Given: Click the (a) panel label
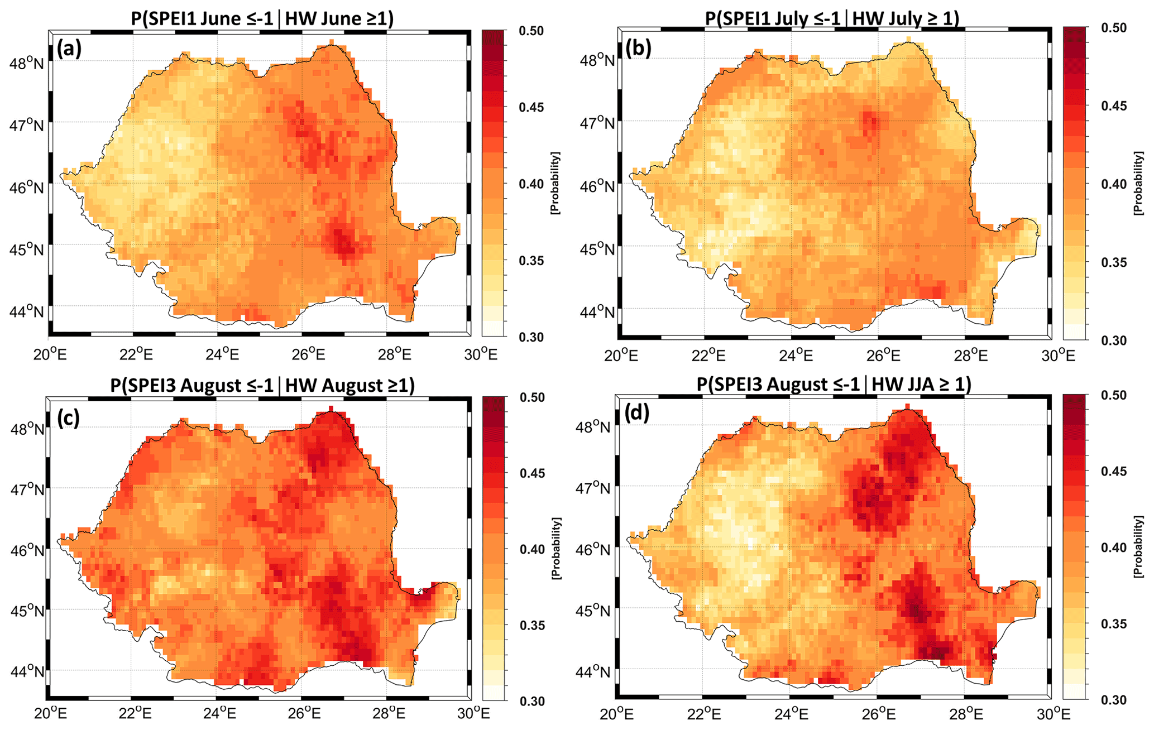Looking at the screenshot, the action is pos(69,49).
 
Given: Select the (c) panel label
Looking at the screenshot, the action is pos(68,417).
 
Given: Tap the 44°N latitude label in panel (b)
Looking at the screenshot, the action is pos(597,311).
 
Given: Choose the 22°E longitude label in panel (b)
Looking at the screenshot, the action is pos(708,355).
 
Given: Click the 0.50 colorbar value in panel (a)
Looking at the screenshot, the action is pos(531,31).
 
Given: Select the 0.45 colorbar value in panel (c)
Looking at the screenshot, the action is pos(531,473).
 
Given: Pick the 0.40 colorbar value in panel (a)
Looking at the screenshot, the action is pos(531,184).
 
